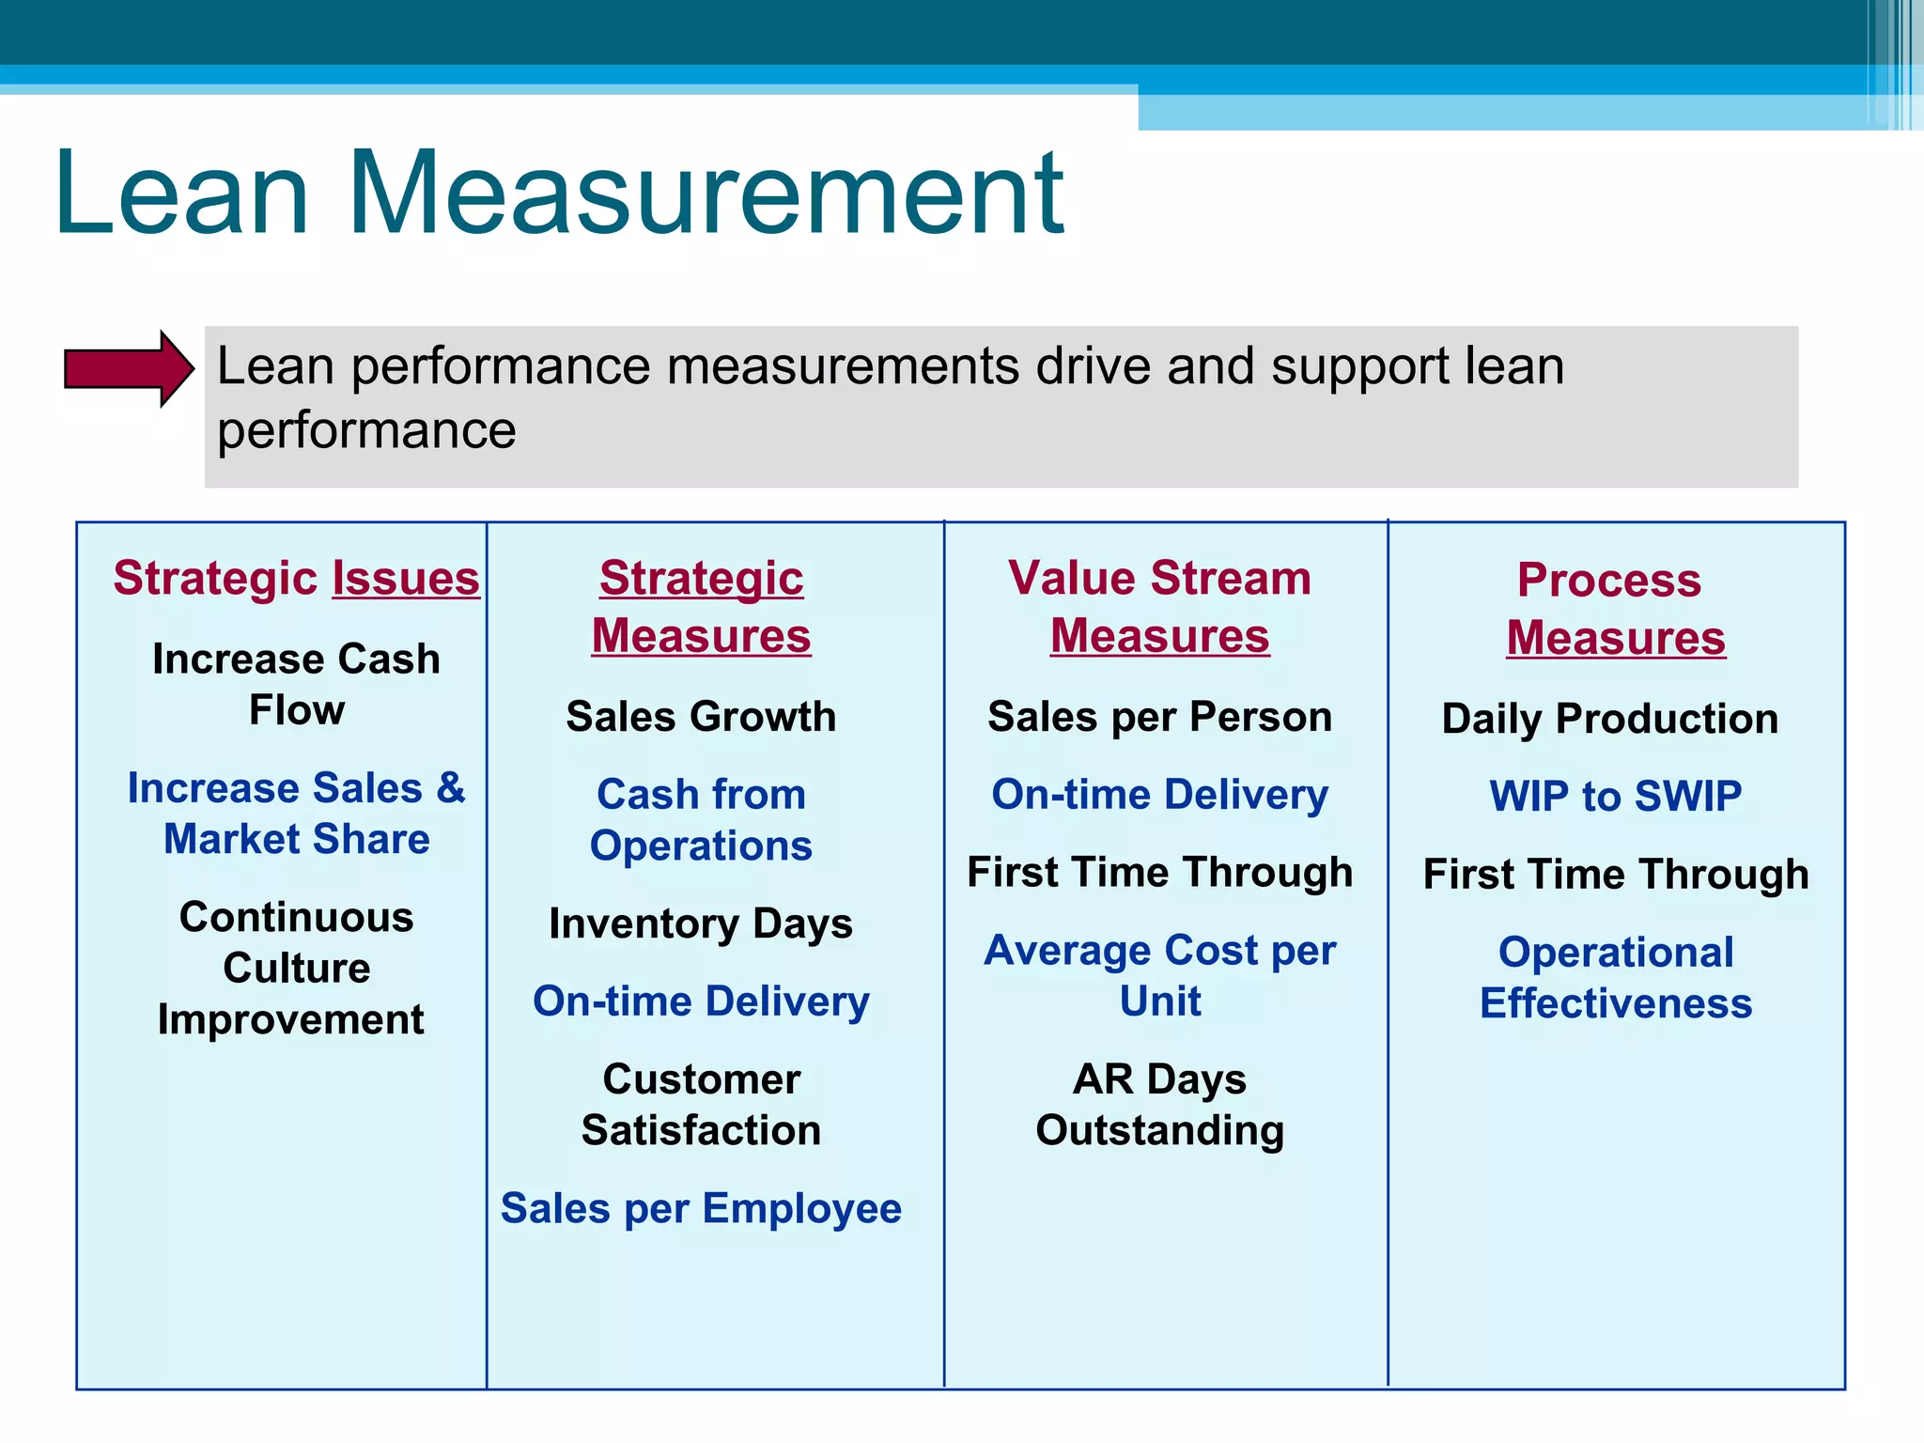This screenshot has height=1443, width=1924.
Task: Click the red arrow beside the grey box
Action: (127, 368)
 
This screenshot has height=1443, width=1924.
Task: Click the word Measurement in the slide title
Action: (706, 194)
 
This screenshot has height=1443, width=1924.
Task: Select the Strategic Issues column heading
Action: (296, 578)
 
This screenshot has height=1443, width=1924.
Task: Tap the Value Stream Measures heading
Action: (1159, 606)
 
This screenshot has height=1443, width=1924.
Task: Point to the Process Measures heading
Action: (1614, 608)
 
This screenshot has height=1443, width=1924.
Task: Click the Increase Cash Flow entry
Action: (296, 684)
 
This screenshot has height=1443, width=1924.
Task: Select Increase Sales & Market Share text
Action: (296, 813)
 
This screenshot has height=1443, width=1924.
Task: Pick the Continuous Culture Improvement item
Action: (296, 968)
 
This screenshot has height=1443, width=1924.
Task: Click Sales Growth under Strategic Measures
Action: (701, 717)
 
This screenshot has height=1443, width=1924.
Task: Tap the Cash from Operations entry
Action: (701, 819)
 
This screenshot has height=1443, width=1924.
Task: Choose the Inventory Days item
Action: (701, 923)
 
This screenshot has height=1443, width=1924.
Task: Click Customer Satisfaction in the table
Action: (701, 1104)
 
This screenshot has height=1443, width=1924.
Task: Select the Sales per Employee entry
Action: (701, 1208)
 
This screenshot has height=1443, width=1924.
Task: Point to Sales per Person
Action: (1159, 717)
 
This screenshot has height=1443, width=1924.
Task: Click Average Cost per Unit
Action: (1159, 975)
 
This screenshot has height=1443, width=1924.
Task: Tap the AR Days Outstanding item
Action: (1159, 1104)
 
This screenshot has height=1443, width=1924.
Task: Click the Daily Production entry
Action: (1610, 719)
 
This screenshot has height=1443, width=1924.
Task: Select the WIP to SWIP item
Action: (1615, 797)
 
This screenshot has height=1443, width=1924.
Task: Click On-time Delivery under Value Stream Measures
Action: (1159, 795)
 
